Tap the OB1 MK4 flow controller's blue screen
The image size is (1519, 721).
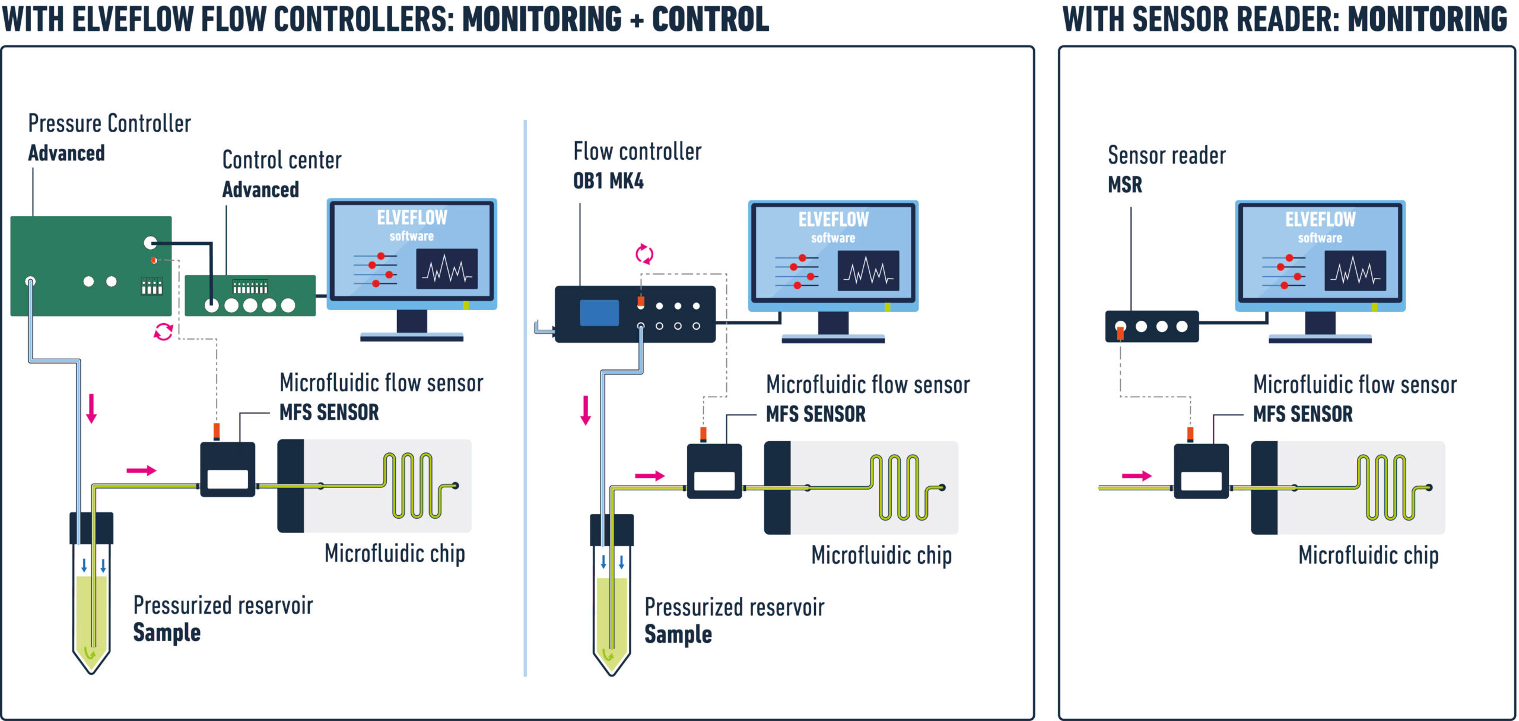point(599,312)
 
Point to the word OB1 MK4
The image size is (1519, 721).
point(608,181)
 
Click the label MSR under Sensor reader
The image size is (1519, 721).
point(1124,184)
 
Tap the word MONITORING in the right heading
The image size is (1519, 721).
point(1426,19)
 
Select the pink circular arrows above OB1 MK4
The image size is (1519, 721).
point(644,254)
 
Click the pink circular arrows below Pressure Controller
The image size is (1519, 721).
point(163,331)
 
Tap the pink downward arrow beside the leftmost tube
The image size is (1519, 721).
point(91,409)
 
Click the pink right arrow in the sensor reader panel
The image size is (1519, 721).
point(1136,476)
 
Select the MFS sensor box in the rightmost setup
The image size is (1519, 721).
point(1201,471)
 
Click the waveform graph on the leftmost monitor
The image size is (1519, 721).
point(447,269)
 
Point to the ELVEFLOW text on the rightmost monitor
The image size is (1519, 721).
point(1320,219)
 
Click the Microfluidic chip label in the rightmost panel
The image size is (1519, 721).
point(1368,556)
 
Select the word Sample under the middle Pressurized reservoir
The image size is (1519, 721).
point(678,634)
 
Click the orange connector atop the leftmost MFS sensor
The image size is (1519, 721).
point(217,431)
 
